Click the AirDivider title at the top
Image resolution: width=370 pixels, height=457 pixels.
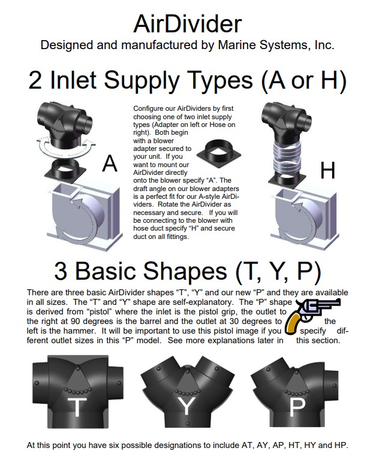[x=187, y=23]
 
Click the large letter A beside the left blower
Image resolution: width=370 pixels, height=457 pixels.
[x=110, y=163]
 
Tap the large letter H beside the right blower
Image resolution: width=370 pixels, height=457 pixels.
[x=327, y=171]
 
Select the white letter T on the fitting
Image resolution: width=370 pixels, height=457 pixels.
[x=77, y=407]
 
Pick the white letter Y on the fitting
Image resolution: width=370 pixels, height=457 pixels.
[x=187, y=407]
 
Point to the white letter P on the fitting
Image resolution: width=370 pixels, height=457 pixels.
[x=297, y=407]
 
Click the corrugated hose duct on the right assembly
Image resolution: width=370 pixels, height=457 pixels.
[x=287, y=161]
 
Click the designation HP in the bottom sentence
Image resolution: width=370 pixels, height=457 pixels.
[x=339, y=445]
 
